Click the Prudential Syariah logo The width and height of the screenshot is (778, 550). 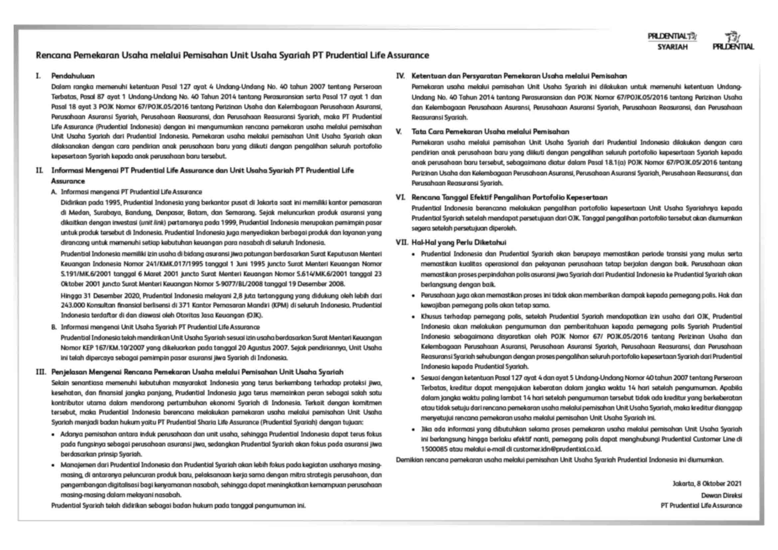(672, 41)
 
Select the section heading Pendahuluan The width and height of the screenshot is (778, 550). (73, 76)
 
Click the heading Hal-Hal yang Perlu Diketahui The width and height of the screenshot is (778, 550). (458, 242)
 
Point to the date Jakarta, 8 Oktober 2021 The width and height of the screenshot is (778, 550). (707, 483)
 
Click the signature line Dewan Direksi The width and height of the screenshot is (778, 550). (721, 495)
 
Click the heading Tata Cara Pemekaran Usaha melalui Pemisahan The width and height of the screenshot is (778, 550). (490, 131)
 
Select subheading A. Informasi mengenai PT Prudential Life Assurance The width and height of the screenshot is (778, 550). (126, 192)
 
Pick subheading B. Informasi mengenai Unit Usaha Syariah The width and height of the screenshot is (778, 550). (155, 327)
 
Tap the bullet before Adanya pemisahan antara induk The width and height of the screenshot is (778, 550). (53, 435)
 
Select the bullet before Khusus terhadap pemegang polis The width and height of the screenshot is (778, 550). (413, 317)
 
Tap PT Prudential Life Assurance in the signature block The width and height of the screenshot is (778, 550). (701, 505)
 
